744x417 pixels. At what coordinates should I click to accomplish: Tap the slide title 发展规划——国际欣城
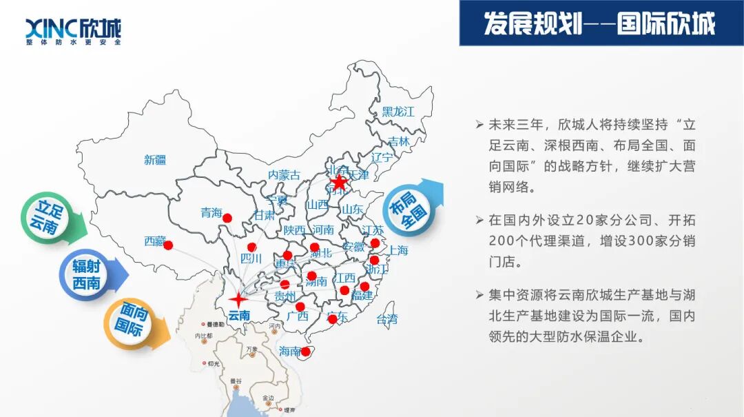[599, 23]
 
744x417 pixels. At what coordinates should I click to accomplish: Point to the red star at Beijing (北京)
[338, 183]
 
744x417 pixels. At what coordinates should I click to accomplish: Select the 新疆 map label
[155, 160]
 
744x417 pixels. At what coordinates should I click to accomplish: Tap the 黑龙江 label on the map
[398, 112]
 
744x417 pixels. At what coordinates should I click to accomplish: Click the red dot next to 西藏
[168, 245]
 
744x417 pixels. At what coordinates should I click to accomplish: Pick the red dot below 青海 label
[227, 218]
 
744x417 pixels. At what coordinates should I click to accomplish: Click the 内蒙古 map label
[284, 175]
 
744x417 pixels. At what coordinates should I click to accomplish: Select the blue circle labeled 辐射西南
[86, 274]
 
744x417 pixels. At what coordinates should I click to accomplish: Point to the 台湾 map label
[386, 319]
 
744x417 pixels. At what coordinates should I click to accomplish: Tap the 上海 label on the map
[398, 250]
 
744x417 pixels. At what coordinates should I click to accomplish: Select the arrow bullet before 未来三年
[479, 125]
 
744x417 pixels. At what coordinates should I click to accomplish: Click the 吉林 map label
[398, 141]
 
